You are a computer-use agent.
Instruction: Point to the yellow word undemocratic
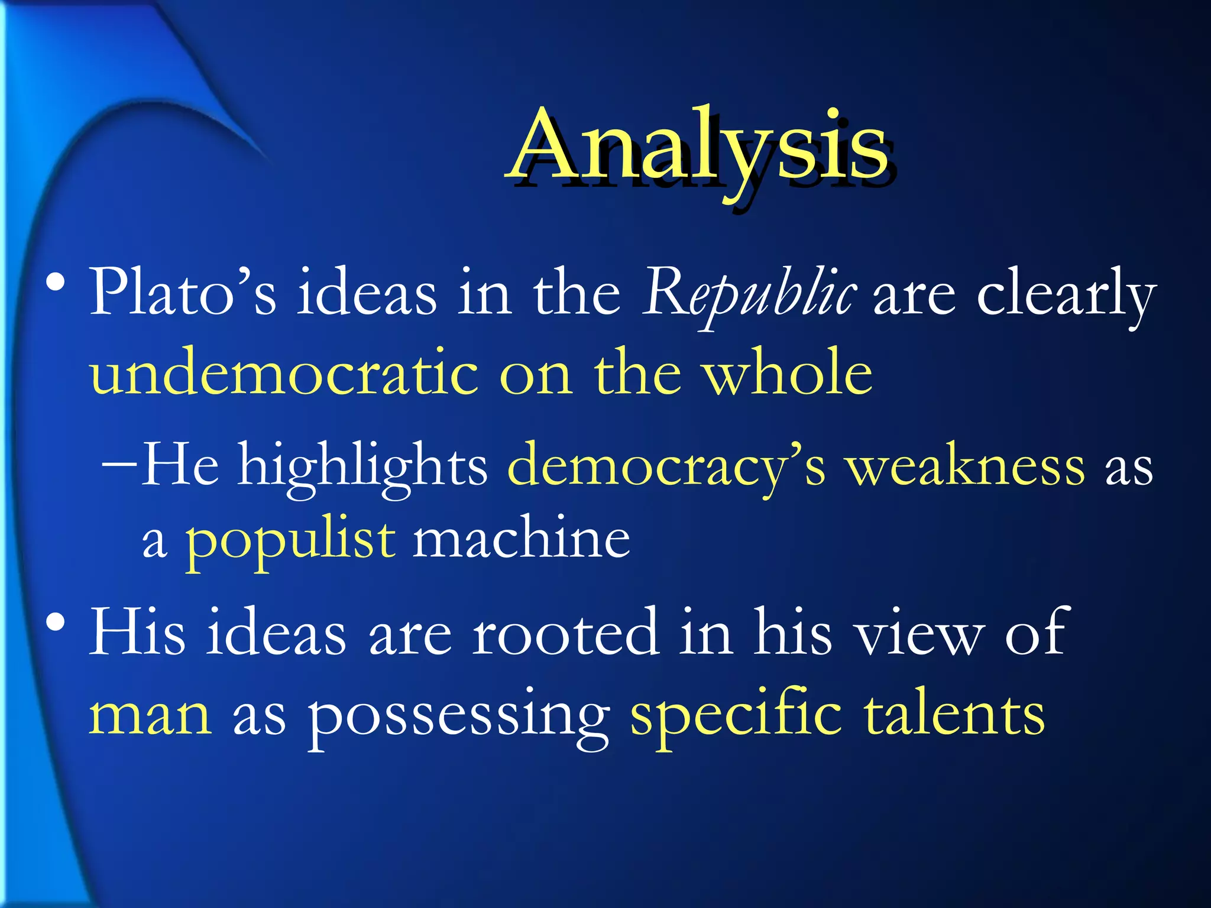[284, 372]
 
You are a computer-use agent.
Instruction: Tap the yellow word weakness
[964, 467]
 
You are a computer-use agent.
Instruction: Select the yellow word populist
[290, 541]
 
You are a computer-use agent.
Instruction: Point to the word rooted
[565, 633]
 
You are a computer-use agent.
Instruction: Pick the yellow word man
[150, 715]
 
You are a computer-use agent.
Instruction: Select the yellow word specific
[736, 715]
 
